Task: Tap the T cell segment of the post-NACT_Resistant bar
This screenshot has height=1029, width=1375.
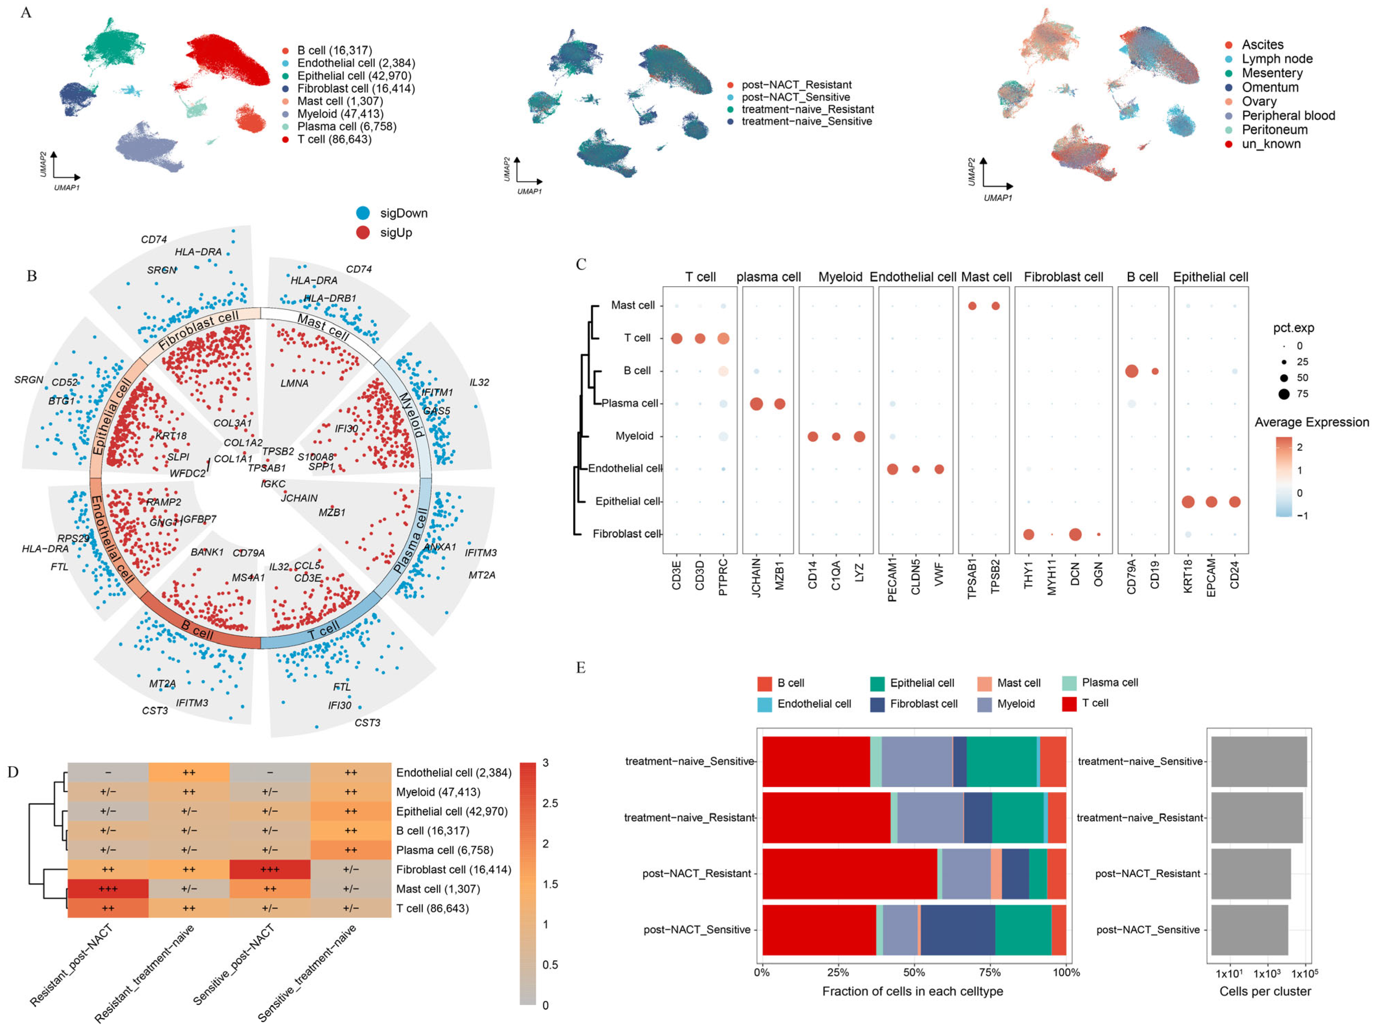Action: click(x=849, y=874)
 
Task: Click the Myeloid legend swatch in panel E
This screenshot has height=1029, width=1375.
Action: click(x=985, y=704)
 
